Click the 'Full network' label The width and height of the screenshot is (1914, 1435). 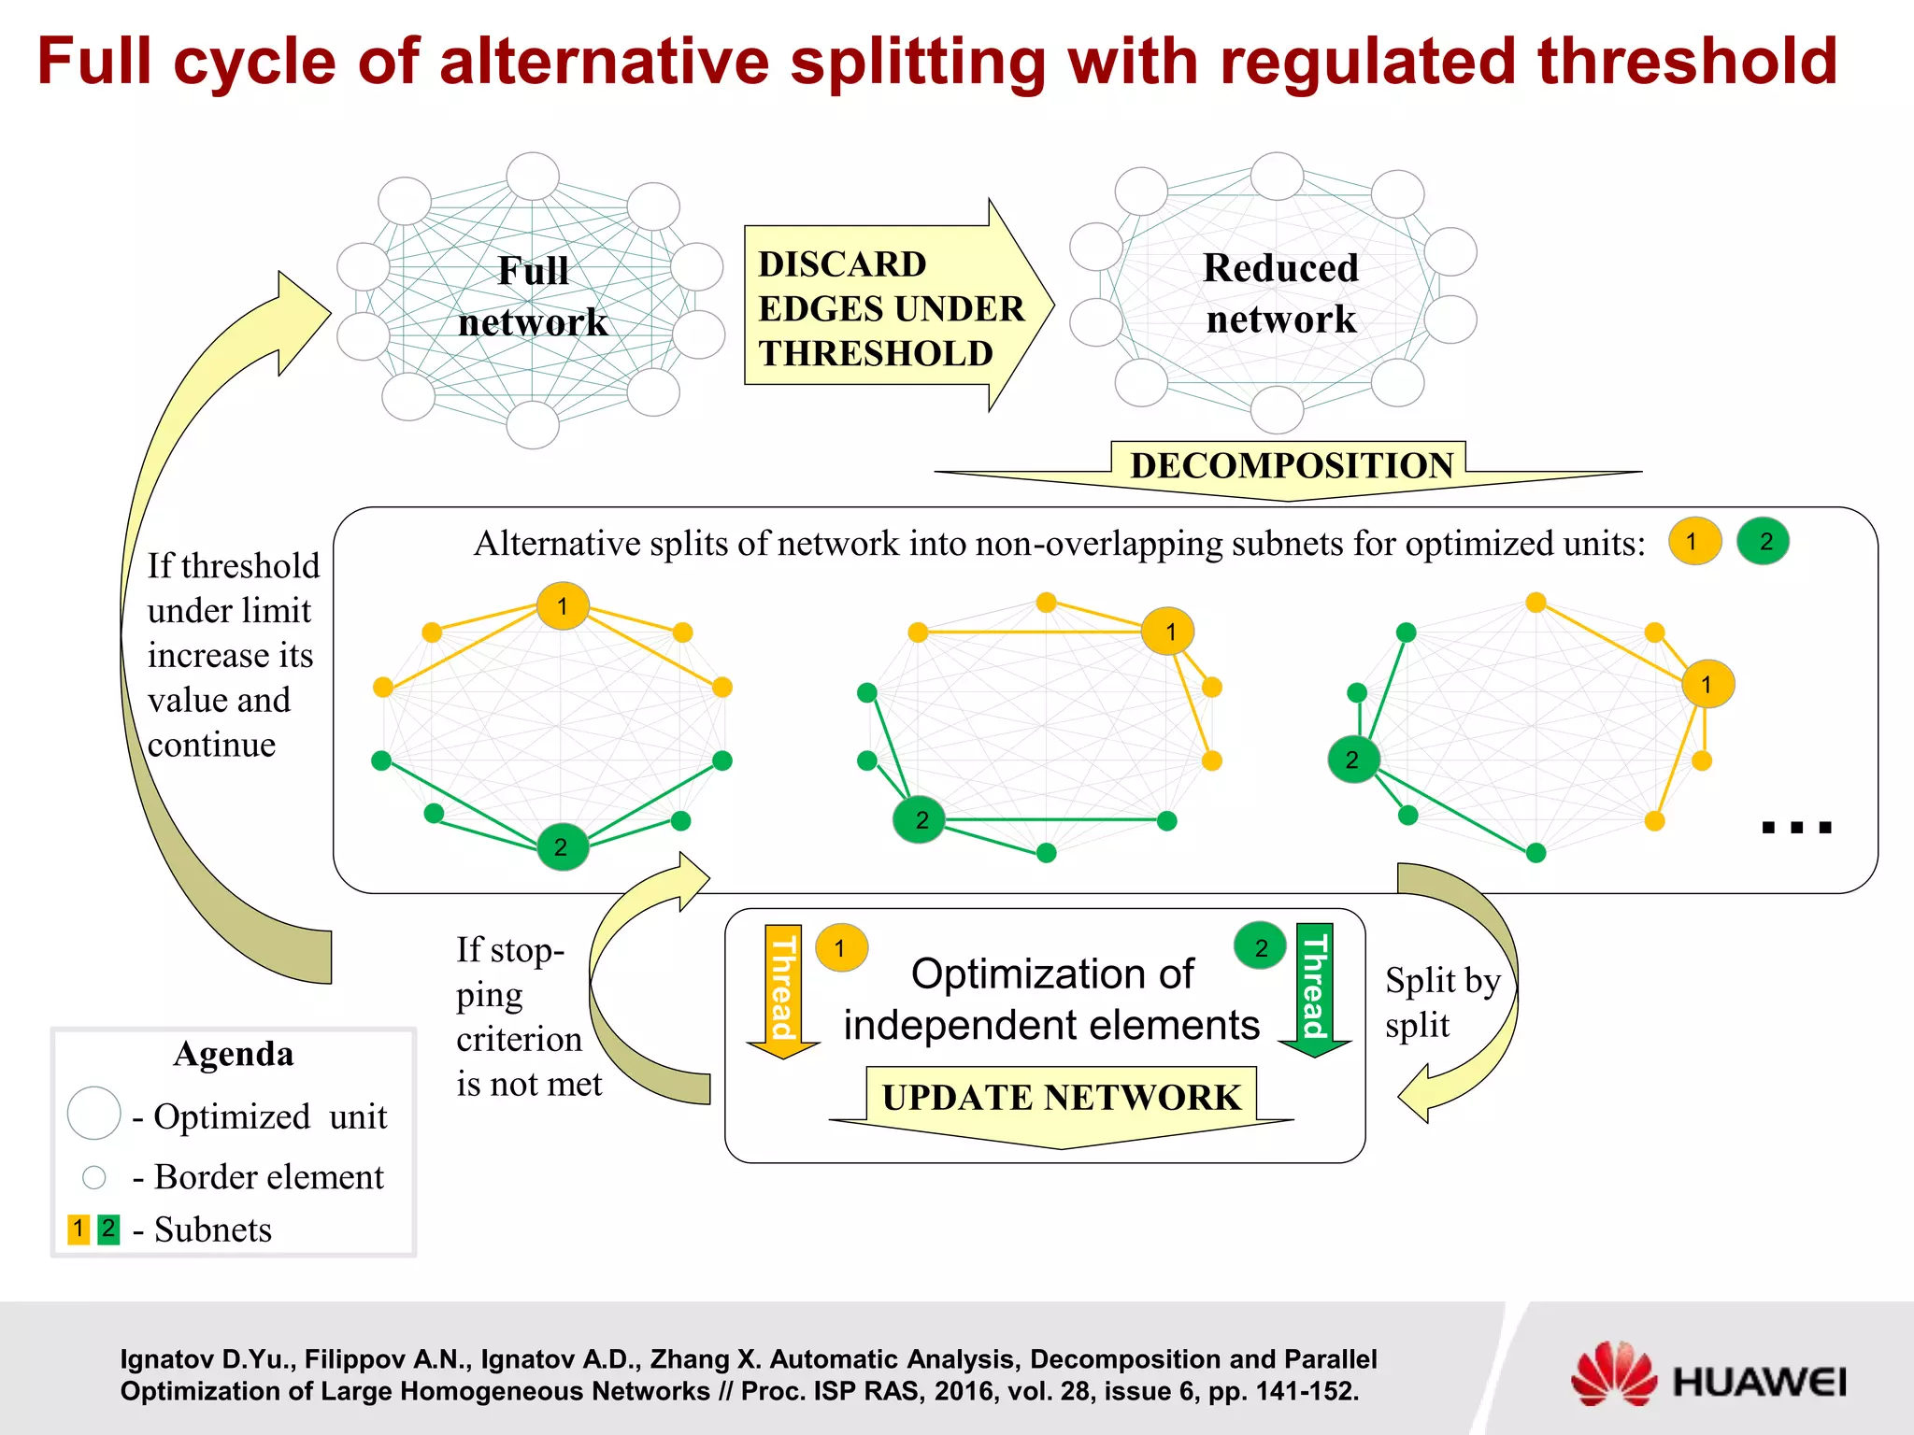[x=533, y=297]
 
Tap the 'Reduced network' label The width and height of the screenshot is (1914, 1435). [x=1280, y=293]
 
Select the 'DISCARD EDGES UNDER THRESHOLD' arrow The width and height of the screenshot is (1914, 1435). [x=893, y=307]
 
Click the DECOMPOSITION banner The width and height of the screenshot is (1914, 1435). [x=1291, y=466]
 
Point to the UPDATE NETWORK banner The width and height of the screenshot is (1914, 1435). [x=1061, y=1098]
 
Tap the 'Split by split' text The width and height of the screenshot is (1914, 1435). [x=1442, y=1002]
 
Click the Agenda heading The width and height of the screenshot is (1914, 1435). [x=234, y=1054]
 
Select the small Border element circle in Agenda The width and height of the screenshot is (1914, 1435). [x=94, y=1177]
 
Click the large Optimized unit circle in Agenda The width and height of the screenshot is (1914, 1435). [x=94, y=1113]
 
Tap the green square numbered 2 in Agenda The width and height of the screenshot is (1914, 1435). [x=109, y=1229]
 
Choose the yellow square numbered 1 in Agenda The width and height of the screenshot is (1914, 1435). [x=79, y=1229]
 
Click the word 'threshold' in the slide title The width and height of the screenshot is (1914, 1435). [x=1687, y=62]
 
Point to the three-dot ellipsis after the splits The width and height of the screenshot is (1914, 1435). [x=1795, y=827]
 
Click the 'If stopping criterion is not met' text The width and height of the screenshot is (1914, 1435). [x=528, y=1017]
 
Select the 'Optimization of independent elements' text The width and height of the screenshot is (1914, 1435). [x=1051, y=1000]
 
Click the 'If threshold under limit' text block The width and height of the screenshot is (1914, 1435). [x=232, y=655]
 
